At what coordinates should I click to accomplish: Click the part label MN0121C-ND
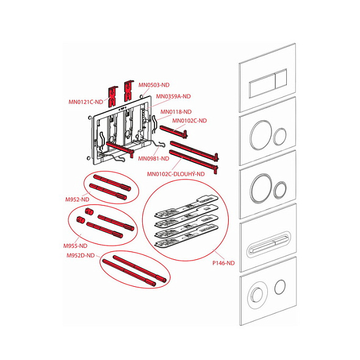[x=86, y=102]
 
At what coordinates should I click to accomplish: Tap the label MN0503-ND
[x=154, y=85]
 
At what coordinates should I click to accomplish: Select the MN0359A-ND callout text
[x=173, y=96]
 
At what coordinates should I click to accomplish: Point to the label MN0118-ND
[x=176, y=112]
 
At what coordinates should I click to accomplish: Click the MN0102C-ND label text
[x=189, y=121]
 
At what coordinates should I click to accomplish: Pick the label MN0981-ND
[x=154, y=159]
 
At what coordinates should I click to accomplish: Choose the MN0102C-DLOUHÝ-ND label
[x=176, y=174]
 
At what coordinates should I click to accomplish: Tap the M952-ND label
[x=77, y=200]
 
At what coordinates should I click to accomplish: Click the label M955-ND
[x=75, y=246]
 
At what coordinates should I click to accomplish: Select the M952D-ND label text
[x=81, y=256]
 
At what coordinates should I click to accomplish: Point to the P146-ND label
[x=223, y=263]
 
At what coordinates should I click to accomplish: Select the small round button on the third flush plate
[x=280, y=190]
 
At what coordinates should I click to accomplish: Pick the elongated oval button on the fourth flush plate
[x=268, y=244]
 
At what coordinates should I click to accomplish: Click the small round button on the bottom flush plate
[x=280, y=287]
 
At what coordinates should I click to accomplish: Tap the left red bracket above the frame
[x=112, y=96]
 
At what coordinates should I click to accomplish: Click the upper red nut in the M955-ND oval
[x=89, y=212]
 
